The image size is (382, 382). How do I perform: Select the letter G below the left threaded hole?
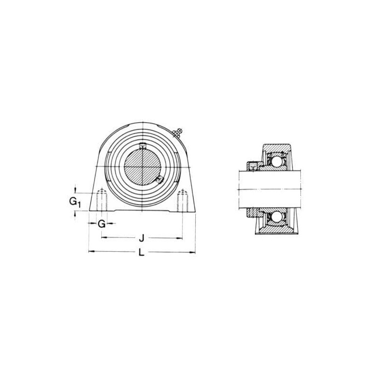coord(102,223)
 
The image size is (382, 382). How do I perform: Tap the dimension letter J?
coord(141,238)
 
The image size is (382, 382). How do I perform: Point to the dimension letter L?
coord(141,253)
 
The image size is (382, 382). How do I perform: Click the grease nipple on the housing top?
coord(178,133)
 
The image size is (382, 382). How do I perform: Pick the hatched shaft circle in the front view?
coord(142,167)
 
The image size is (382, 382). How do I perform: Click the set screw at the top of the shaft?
coord(142,146)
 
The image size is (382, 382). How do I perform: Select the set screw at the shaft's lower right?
coord(159,179)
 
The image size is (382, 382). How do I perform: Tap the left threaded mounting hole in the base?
coord(102,200)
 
